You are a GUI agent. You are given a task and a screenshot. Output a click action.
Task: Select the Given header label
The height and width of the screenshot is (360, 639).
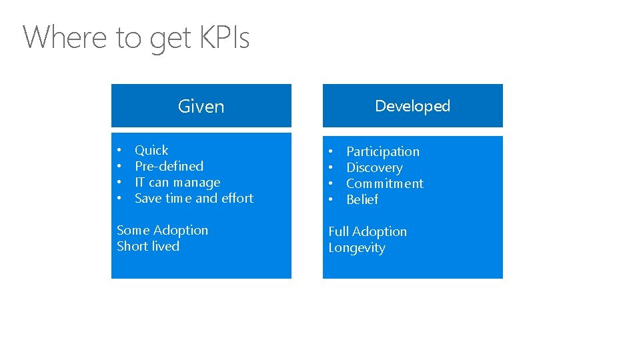click(x=201, y=106)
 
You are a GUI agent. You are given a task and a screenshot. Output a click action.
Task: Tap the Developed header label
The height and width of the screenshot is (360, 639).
click(x=412, y=106)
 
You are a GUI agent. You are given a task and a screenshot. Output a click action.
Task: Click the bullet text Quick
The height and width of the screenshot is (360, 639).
click(x=151, y=150)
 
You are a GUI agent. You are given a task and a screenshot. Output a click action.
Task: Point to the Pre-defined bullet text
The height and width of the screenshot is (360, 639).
click(x=169, y=166)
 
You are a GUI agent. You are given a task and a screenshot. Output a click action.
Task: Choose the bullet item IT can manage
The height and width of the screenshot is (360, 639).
click(x=177, y=182)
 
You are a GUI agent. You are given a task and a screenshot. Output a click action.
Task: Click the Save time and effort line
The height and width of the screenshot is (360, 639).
click(x=194, y=198)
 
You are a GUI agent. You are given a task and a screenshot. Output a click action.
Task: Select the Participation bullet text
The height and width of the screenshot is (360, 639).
click(x=383, y=152)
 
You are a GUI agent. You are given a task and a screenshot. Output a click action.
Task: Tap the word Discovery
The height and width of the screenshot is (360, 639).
click(x=374, y=168)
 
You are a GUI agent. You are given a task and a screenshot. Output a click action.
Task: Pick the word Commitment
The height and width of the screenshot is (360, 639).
click(x=385, y=183)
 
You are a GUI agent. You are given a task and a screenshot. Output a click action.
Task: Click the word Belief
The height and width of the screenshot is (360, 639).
click(x=362, y=199)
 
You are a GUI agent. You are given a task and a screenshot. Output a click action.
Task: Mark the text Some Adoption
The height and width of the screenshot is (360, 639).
click(x=162, y=230)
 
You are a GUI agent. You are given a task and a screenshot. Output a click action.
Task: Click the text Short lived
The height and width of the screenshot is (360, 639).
click(x=148, y=246)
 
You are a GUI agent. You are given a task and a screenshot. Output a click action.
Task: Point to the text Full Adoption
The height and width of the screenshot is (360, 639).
click(x=368, y=231)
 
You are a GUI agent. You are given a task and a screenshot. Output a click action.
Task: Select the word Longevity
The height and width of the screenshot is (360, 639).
click(x=357, y=248)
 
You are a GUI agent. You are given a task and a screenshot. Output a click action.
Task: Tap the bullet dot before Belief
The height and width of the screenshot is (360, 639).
click(x=331, y=200)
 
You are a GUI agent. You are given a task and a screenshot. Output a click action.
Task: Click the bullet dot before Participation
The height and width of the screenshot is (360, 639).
click(x=331, y=152)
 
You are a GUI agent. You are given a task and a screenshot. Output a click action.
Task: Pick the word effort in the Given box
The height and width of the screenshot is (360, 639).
click(x=237, y=198)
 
